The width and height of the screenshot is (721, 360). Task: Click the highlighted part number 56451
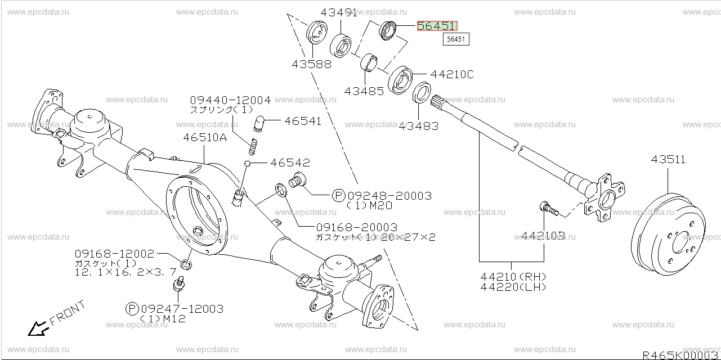pyautogui.click(x=437, y=26)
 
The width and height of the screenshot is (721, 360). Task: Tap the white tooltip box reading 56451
pyautogui.click(x=456, y=39)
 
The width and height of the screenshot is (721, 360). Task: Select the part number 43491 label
pyautogui.click(x=339, y=12)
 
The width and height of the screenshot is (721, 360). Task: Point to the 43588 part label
pyautogui.click(x=311, y=64)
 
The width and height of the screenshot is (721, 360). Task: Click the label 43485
pyautogui.click(x=365, y=91)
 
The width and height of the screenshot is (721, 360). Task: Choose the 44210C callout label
pyautogui.click(x=452, y=74)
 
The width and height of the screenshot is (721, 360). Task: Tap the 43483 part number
pyautogui.click(x=418, y=127)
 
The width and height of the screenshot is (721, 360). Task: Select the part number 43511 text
pyautogui.click(x=668, y=159)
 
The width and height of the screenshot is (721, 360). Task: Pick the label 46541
pyautogui.click(x=302, y=121)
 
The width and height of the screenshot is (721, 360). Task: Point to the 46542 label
pyautogui.click(x=290, y=163)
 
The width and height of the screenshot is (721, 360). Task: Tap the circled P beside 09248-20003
pyautogui.click(x=338, y=195)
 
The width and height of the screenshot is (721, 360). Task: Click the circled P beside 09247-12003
pyautogui.click(x=132, y=308)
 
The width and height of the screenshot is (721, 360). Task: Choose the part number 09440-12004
pyautogui.click(x=230, y=100)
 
